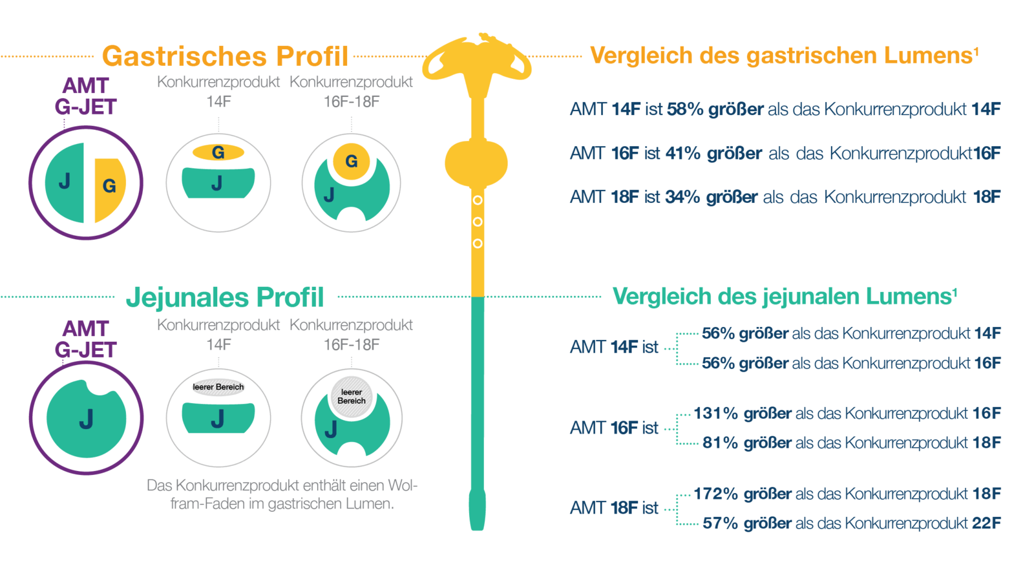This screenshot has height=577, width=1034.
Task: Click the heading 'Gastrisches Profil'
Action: click(225, 56)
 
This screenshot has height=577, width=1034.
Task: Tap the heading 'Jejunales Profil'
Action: click(225, 297)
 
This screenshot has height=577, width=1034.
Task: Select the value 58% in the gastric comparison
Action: click(684, 109)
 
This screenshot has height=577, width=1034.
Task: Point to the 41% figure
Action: click(682, 153)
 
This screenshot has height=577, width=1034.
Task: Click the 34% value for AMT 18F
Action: click(682, 197)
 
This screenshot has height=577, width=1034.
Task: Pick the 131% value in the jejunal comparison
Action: click(715, 414)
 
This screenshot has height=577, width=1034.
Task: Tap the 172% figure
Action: click(715, 494)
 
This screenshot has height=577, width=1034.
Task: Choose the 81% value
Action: click(720, 443)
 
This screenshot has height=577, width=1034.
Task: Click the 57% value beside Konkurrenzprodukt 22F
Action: click(720, 523)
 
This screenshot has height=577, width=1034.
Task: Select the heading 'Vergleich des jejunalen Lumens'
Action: click(784, 297)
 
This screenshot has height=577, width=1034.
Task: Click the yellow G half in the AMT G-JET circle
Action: click(109, 187)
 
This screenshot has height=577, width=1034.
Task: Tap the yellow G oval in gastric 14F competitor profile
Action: click(218, 152)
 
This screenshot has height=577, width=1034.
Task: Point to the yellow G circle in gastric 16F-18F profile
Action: click(351, 161)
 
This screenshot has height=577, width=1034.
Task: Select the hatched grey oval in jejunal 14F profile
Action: click(218, 387)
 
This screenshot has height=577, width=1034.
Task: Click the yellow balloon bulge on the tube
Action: click(476, 162)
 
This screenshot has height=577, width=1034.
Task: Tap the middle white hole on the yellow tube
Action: click(478, 222)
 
